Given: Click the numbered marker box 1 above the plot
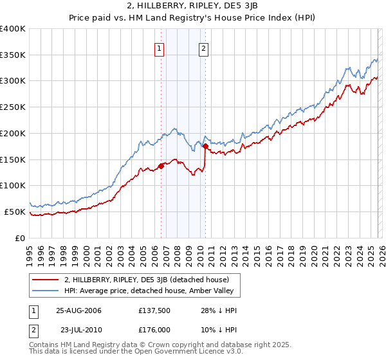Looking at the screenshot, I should [x=159, y=47].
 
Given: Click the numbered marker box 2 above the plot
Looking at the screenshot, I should [x=203, y=47].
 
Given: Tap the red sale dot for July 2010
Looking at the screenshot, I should [x=205, y=147].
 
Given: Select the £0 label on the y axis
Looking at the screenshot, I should [x=21, y=238].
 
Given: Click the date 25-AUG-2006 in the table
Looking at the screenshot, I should [x=78, y=310].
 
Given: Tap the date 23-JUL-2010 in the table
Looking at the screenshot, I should [x=78, y=330].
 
